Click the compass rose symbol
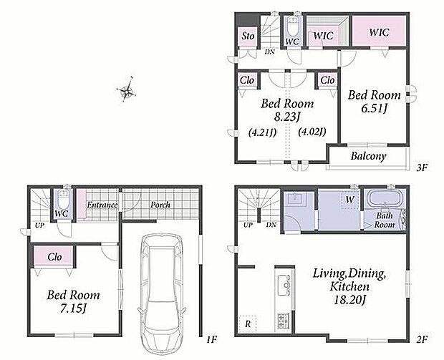pyautogui.click(x=126, y=90)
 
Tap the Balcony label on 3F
pyautogui.click(x=368, y=156)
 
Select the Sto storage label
pyautogui.click(x=248, y=36)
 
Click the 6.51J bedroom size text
pyautogui.click(x=375, y=108)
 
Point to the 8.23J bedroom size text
pyautogui.click(x=287, y=117)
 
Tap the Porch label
pyautogui.click(x=160, y=205)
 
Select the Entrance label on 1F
pyautogui.click(x=102, y=205)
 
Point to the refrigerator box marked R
pyautogui.click(x=248, y=323)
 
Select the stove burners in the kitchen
pyautogui.click(x=283, y=321)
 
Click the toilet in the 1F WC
pyautogui.click(x=64, y=199)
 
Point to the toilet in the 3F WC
pyautogui.click(x=292, y=26)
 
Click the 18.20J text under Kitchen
pyautogui.click(x=349, y=299)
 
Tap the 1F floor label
pyautogui.click(x=211, y=339)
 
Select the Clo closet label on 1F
pyautogui.click(x=54, y=257)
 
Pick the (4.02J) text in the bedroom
pyautogui.click(x=312, y=132)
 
